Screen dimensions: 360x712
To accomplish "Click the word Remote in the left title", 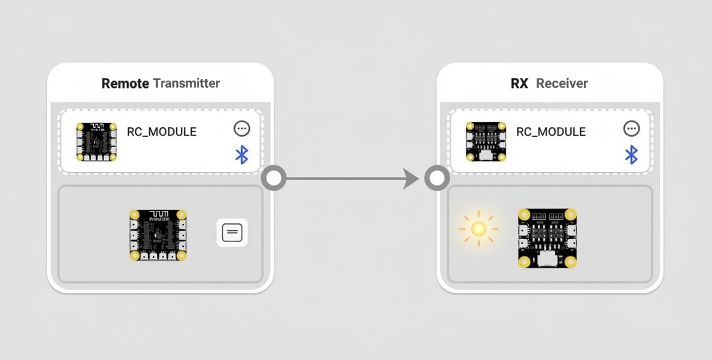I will click(x=125, y=83).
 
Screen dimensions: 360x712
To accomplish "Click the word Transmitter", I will click(x=186, y=83).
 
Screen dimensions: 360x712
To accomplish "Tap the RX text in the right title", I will click(x=519, y=83).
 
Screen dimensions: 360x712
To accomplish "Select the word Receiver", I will click(x=562, y=83).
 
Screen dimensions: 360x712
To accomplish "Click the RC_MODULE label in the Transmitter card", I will click(x=161, y=131).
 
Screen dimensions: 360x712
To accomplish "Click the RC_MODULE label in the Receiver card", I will click(x=551, y=131).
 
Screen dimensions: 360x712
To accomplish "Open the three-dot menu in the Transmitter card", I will click(x=242, y=128).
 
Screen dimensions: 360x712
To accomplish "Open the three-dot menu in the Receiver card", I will click(x=631, y=128).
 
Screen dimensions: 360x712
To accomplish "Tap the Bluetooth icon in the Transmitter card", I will click(x=242, y=154).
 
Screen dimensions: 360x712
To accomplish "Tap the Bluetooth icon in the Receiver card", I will click(x=631, y=154).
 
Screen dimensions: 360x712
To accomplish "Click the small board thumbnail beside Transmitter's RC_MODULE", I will click(x=96, y=141).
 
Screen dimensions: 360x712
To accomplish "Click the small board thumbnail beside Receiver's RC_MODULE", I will click(x=485, y=141).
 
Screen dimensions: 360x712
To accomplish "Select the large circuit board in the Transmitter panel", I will click(x=158, y=235).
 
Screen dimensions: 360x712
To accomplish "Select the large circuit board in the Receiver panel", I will click(x=547, y=238).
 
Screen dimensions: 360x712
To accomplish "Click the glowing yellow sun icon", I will click(x=478, y=229).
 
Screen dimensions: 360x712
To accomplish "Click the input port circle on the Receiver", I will click(x=437, y=178).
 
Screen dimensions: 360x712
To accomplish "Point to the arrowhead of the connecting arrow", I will click(x=411, y=178).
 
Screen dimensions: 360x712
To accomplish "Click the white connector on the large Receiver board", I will click(x=547, y=259).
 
